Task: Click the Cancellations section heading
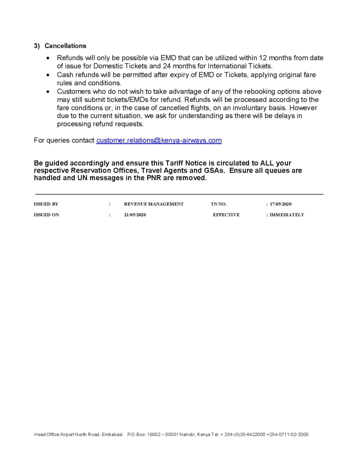65,46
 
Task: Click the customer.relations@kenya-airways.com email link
159,140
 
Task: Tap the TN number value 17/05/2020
280,204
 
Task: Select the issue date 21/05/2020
135,215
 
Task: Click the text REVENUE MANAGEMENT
154,204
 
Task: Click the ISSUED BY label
46,204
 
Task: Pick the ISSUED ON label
47,215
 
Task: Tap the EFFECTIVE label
226,215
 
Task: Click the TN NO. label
219,204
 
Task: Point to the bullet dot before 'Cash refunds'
48,75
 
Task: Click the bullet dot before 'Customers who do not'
48,91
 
